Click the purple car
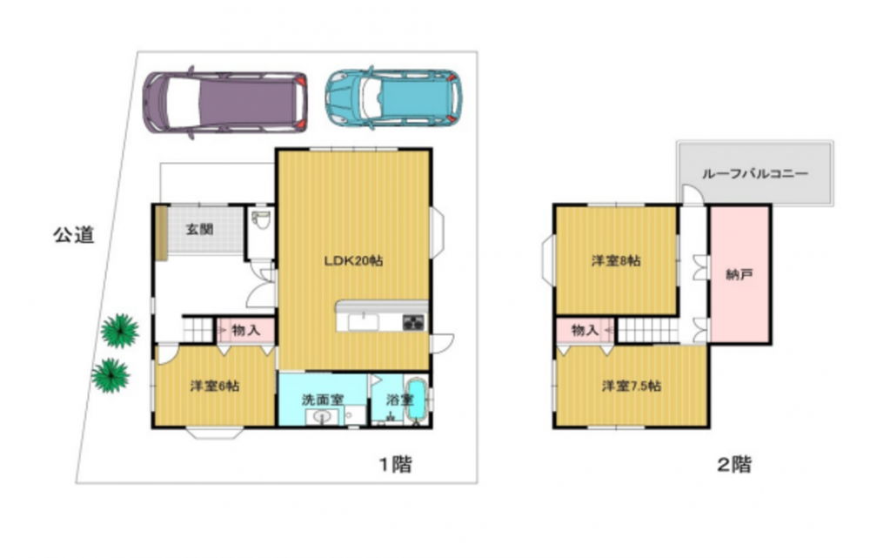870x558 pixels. (x=224, y=102)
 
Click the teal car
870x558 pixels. (x=393, y=98)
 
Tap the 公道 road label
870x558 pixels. (x=74, y=235)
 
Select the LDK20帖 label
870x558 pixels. (x=353, y=260)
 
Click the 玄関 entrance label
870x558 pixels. (x=200, y=229)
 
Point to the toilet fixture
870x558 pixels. (x=260, y=220)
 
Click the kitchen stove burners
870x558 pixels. (x=413, y=323)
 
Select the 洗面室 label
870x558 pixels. (x=323, y=400)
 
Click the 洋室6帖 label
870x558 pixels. (x=215, y=386)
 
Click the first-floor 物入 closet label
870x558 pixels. (x=246, y=330)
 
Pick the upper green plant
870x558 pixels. (x=120, y=331)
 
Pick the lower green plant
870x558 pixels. (x=111, y=375)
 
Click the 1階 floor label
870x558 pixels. (x=396, y=464)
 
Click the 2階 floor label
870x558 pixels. (x=734, y=464)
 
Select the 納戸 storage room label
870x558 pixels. (x=739, y=274)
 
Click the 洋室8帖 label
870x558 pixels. (x=616, y=259)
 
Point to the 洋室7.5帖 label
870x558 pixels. (x=632, y=386)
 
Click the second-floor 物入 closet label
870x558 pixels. (x=585, y=330)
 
